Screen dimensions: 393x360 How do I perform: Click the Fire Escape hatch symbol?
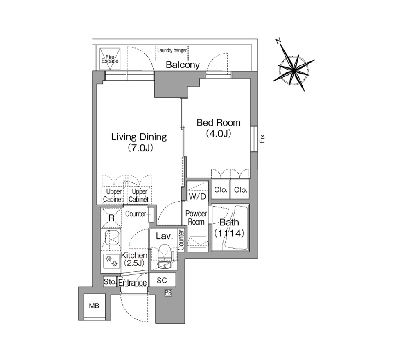click(110, 59)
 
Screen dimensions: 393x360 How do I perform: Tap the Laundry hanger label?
click(172, 50)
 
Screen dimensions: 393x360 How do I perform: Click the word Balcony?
click(183, 65)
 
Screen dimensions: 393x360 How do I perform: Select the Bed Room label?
click(218, 128)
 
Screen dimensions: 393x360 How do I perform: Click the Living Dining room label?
click(139, 142)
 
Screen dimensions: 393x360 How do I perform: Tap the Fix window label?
click(262, 139)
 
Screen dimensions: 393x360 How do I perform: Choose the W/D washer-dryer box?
click(198, 191)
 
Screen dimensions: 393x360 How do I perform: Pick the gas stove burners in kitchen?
click(111, 261)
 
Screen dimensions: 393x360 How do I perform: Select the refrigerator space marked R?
click(111, 218)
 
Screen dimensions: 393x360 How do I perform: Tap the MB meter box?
click(94, 306)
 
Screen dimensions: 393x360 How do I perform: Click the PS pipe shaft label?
click(168, 292)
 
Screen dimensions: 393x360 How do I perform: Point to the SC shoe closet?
click(162, 280)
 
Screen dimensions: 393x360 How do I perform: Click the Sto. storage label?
click(110, 281)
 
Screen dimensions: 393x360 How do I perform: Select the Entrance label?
click(132, 283)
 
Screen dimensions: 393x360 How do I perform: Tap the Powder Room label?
click(196, 218)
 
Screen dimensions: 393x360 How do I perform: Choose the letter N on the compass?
click(278, 41)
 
